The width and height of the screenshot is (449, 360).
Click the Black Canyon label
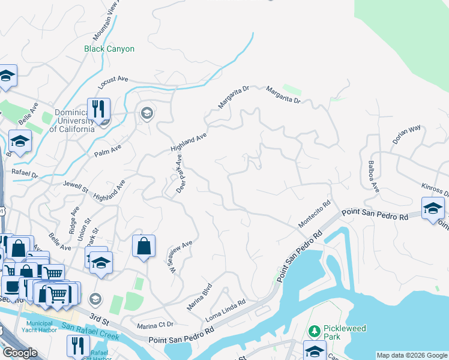click(x=109, y=49)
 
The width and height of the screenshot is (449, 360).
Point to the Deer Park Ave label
click(x=179, y=175)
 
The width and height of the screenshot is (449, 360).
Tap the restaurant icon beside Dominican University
click(x=98, y=109)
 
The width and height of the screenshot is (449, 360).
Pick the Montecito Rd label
click(x=315, y=214)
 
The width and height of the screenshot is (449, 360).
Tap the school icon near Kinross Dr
click(x=432, y=208)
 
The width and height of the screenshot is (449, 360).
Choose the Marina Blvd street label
click(x=200, y=296)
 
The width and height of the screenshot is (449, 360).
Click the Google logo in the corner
click(x=20, y=353)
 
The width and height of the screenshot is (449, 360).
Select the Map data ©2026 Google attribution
click(x=411, y=355)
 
